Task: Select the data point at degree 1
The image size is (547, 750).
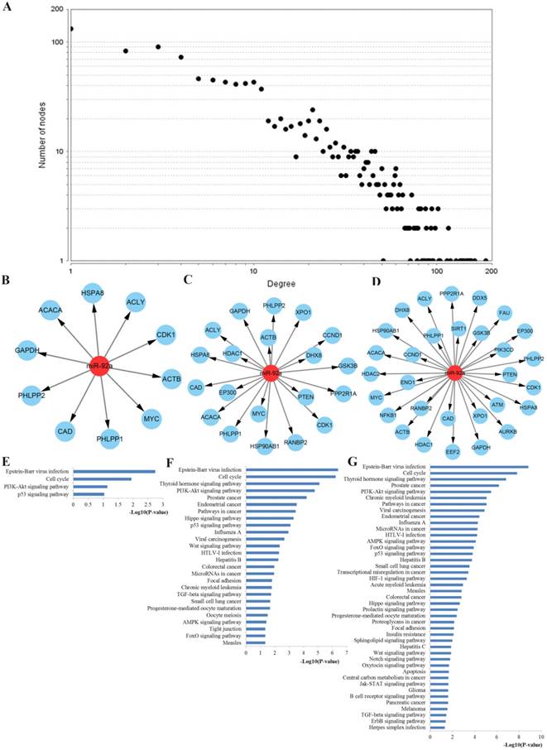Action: point(71,29)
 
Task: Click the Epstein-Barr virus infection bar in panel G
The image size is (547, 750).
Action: point(479,466)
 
